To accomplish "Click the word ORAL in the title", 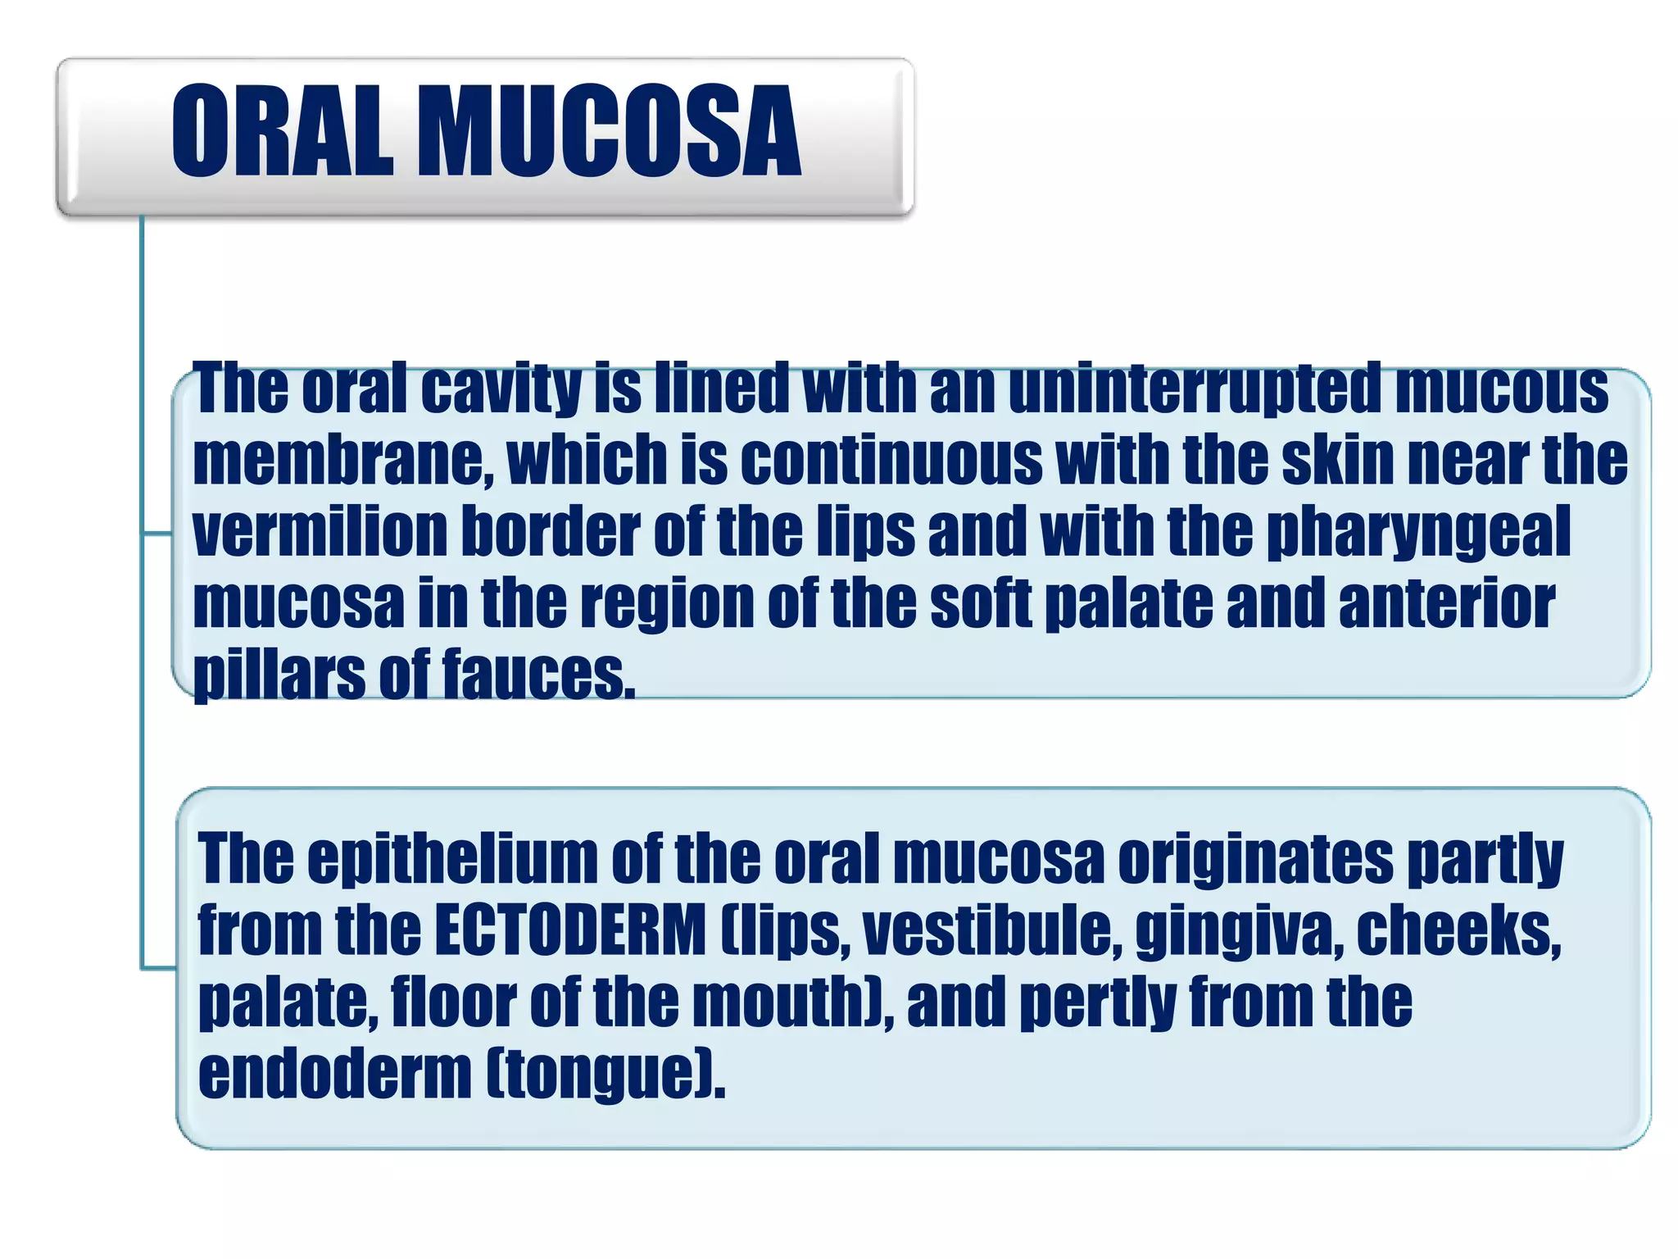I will [283, 131].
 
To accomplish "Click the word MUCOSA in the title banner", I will [610, 131].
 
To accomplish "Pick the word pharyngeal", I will [1418, 533].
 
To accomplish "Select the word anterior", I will [1446, 603].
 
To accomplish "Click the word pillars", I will [279, 675].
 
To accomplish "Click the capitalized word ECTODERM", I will [570, 931].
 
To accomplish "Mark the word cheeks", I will [1458, 931].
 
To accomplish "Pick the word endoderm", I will [335, 1074].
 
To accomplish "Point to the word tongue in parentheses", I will [605, 1075].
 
